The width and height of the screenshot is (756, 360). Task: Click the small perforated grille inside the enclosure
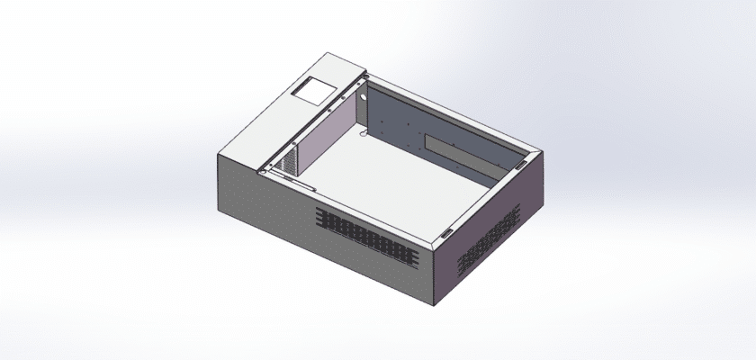click(287, 160)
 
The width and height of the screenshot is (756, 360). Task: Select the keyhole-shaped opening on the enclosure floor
click(363, 134)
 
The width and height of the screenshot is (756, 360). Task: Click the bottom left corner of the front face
click(219, 212)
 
